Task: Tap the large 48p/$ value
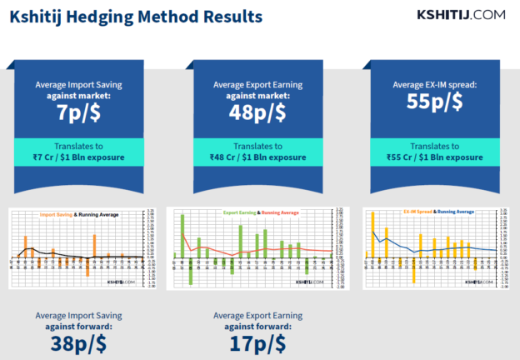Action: pos(257,112)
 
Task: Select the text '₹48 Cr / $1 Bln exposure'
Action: pos(257,156)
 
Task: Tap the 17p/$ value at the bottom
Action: pos(257,342)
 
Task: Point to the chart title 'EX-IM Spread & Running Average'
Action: pos(438,212)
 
